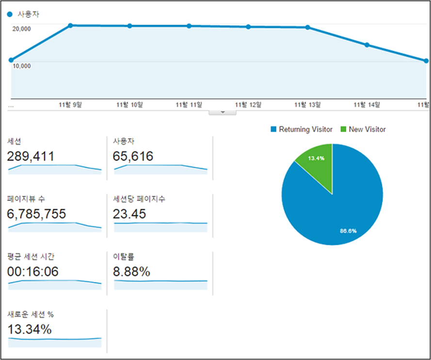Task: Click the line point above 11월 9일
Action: pyautogui.click(x=70, y=25)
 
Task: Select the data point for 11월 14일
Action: pyautogui.click(x=367, y=45)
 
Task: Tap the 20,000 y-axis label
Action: pyautogui.click(x=22, y=29)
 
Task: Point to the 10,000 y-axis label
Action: pyautogui.click(x=22, y=66)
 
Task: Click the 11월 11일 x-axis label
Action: pyautogui.click(x=189, y=104)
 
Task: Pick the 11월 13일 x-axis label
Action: pyautogui.click(x=307, y=104)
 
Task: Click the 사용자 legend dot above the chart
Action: pyautogui.click(x=10, y=15)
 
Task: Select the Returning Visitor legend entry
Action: pyautogui.click(x=301, y=130)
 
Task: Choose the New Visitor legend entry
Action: pyautogui.click(x=363, y=130)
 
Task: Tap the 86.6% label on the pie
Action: pyautogui.click(x=348, y=231)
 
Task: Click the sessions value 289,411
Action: pyautogui.click(x=31, y=156)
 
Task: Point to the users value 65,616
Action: pyautogui.click(x=133, y=156)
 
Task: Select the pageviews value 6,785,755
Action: pyautogui.click(x=37, y=214)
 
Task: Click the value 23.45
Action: pyautogui.click(x=129, y=214)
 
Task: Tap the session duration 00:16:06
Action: pyautogui.click(x=33, y=272)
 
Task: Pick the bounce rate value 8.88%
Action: pyautogui.click(x=131, y=272)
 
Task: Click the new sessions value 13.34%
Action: pyautogui.click(x=30, y=329)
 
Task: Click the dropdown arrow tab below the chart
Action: pyautogui.click(x=223, y=112)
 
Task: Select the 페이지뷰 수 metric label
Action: pyautogui.click(x=27, y=199)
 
